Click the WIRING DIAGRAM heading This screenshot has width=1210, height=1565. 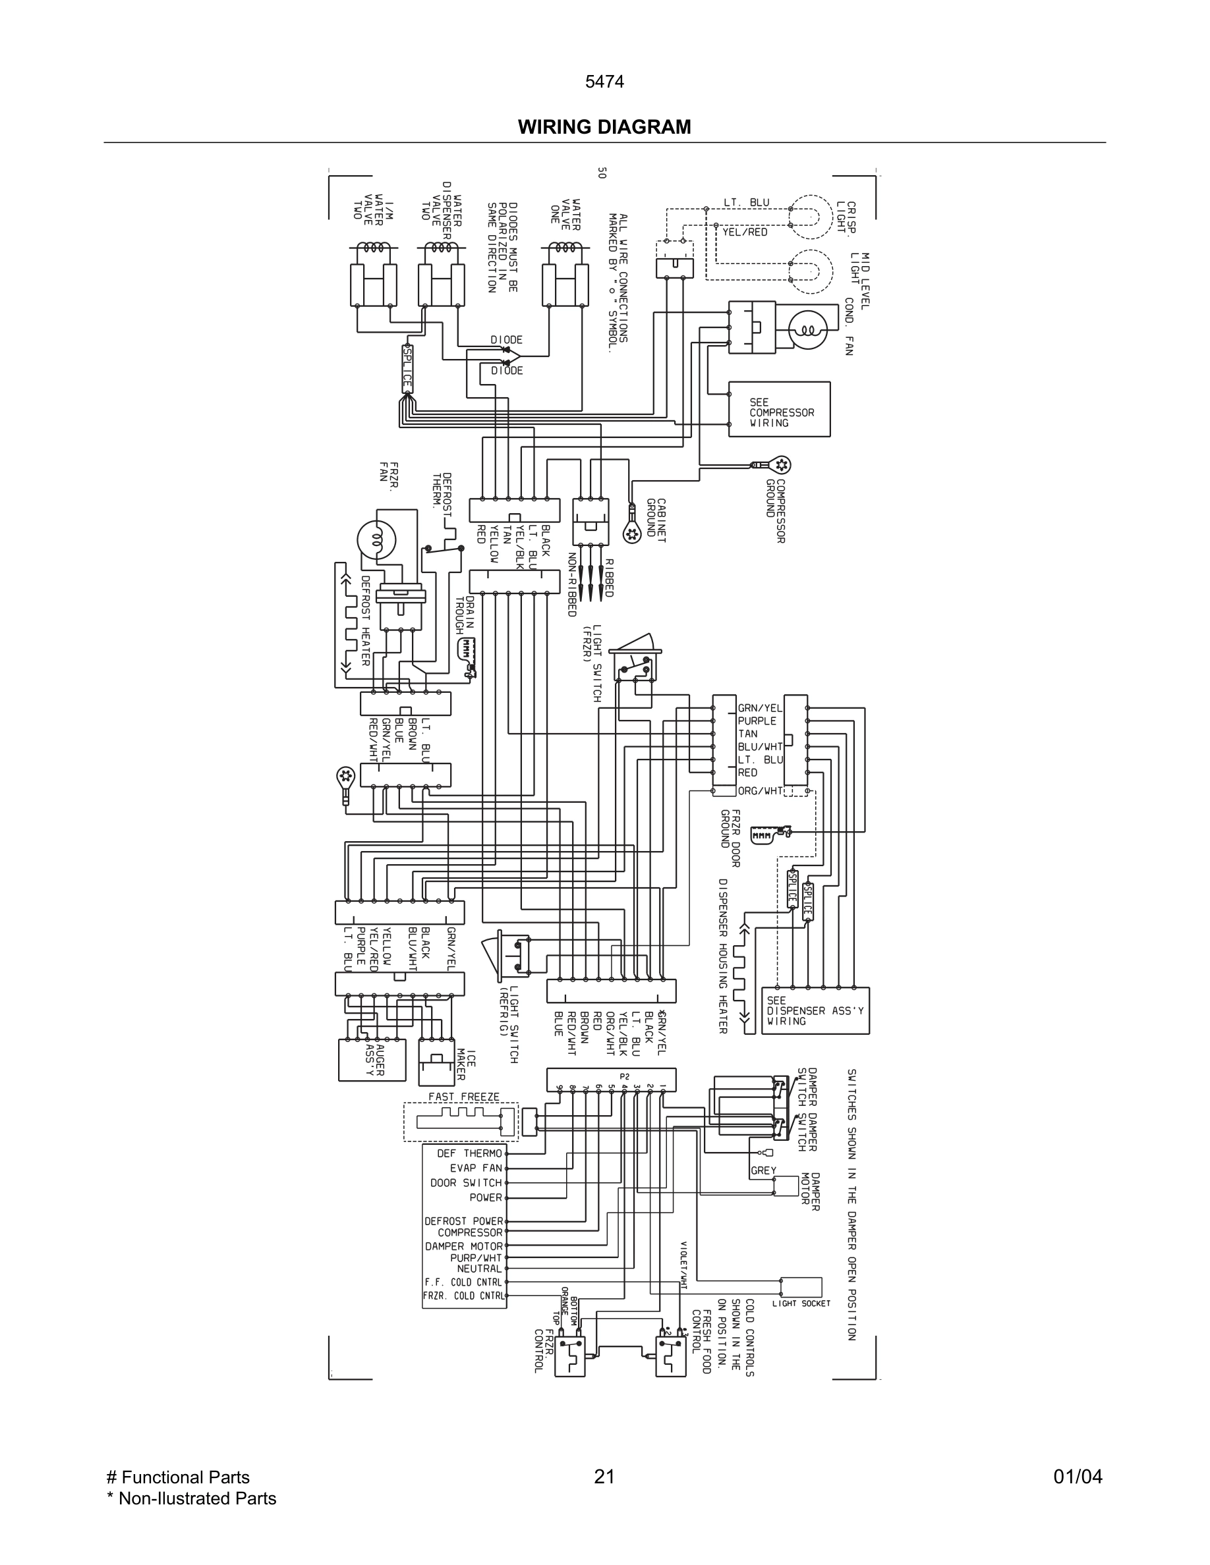[x=604, y=127]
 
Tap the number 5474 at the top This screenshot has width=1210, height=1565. [x=604, y=82]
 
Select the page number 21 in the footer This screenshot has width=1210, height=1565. [x=604, y=1477]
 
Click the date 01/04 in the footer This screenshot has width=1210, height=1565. [x=1078, y=1477]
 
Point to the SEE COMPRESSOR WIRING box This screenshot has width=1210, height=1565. [x=779, y=409]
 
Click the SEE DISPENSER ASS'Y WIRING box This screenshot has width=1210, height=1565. [x=817, y=1010]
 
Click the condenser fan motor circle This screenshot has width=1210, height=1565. [x=808, y=331]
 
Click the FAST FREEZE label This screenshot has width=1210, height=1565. [x=464, y=1097]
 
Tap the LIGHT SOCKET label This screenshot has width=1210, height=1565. [x=801, y=1304]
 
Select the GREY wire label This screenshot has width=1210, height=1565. [x=763, y=1170]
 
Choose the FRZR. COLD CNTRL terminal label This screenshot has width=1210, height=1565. [x=464, y=1296]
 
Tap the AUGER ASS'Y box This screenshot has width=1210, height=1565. [x=371, y=1060]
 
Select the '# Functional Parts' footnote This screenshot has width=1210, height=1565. [x=178, y=1477]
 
